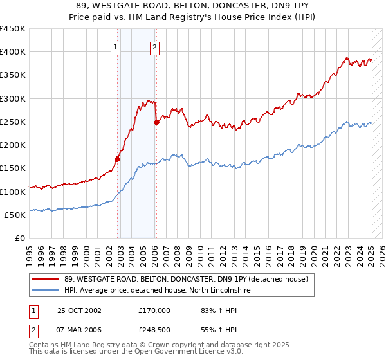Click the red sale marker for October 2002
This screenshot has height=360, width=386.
(118, 159)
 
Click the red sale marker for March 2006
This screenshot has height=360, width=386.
(156, 122)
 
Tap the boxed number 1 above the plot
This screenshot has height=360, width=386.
(115, 46)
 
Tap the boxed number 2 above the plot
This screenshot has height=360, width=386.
(155, 46)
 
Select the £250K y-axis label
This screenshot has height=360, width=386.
(12, 122)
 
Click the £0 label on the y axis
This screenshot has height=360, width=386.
(20, 239)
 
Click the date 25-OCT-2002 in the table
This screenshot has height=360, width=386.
(80, 310)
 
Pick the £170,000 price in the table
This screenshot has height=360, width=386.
(154, 310)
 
